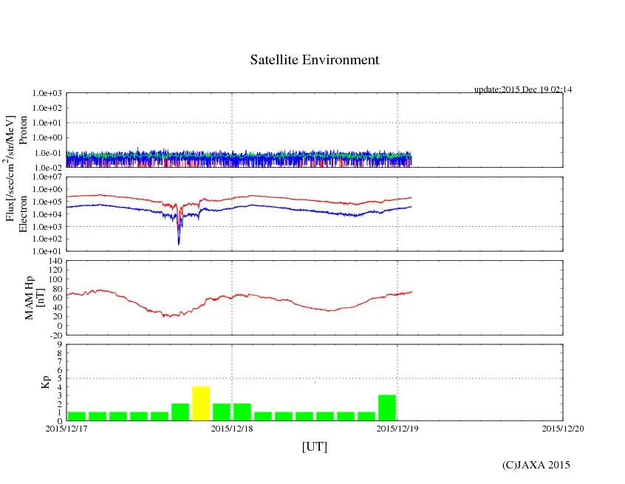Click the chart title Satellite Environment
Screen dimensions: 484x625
[x=315, y=60]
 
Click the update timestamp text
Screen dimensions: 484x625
[x=523, y=89]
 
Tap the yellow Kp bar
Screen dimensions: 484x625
[x=201, y=403]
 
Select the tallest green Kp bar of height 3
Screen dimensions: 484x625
[x=387, y=408]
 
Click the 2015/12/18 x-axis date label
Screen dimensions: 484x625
[x=232, y=428]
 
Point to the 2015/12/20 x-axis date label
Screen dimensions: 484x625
[x=563, y=428]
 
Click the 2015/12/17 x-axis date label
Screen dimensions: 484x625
[x=66, y=428]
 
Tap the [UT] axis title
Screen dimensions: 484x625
[x=315, y=446]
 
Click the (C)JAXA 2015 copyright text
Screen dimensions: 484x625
[x=536, y=465]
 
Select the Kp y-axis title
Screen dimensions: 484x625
[x=31, y=383]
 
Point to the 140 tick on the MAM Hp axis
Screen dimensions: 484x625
[x=54, y=261]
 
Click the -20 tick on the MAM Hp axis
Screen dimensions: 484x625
[x=54, y=335]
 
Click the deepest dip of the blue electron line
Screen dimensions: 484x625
[x=179, y=243]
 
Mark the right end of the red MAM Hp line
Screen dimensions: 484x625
[x=412, y=292]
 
